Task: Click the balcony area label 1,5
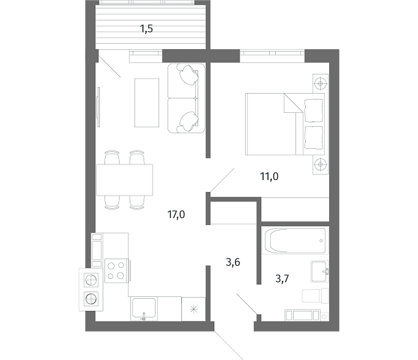pyautogui.click(x=147, y=28)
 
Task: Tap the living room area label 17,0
pyautogui.click(x=176, y=214)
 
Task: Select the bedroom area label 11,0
pyautogui.click(x=269, y=176)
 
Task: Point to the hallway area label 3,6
pyautogui.click(x=233, y=262)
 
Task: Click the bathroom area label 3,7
pyautogui.click(x=282, y=279)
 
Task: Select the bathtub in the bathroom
pyautogui.click(x=295, y=240)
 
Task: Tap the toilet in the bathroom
pyautogui.click(x=315, y=296)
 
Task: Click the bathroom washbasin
pyautogui.click(x=320, y=271)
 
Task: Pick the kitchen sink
pyautogui.click(x=144, y=309)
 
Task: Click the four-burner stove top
pyautogui.click(x=117, y=271)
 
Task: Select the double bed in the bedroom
pyautogui.click(x=285, y=124)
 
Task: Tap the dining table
pyautogui.click(x=124, y=180)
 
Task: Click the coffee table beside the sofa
pyautogui.click(x=147, y=103)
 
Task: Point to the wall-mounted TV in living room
pyautogui.click(x=98, y=107)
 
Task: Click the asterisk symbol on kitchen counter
pyautogui.click(x=193, y=310)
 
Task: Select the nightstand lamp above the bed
pyautogui.click(x=320, y=83)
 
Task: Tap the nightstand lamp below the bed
pyautogui.click(x=320, y=164)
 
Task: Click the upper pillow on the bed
pyautogui.click(x=313, y=110)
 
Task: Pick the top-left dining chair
pyautogui.click(x=112, y=158)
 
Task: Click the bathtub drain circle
pyautogui.click(x=321, y=241)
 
